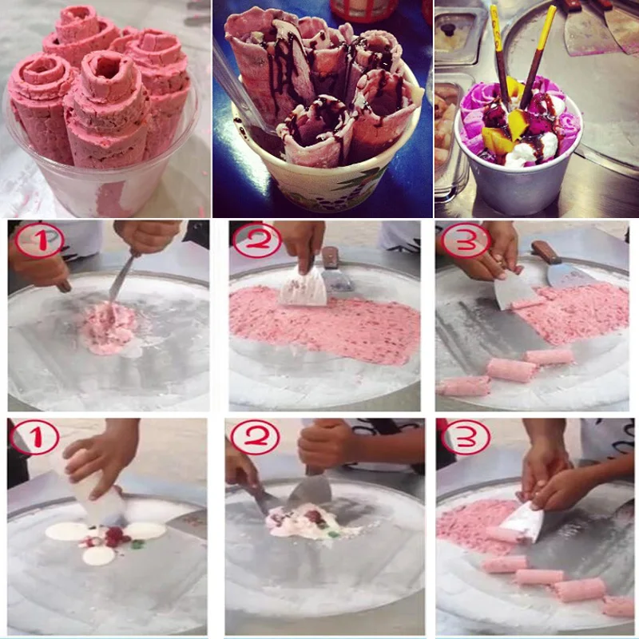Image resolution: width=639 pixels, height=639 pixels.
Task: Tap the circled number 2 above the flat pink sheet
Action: pyautogui.click(x=256, y=240)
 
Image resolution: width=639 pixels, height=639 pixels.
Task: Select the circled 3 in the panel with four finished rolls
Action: pyautogui.click(x=466, y=437)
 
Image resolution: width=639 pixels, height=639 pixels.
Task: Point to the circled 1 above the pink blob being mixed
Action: pyautogui.click(x=39, y=240)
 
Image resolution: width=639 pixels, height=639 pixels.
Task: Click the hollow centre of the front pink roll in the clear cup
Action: pyautogui.click(x=108, y=67)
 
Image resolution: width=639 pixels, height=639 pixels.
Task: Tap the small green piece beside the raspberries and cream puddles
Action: pyautogui.click(x=137, y=544)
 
